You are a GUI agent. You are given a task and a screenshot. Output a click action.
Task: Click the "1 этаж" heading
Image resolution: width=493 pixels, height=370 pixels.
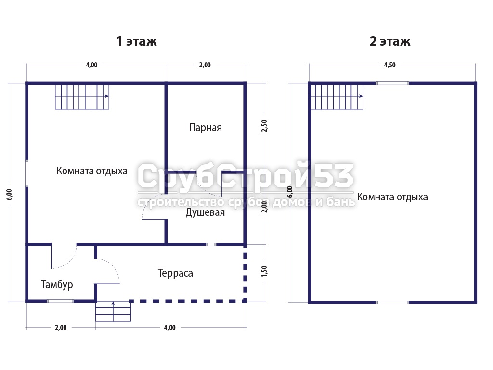[x=136, y=41]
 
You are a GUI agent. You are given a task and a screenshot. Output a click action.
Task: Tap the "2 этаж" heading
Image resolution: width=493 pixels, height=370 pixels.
[x=390, y=41]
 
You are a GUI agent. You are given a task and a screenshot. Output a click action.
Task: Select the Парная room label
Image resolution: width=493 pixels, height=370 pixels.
[x=205, y=127]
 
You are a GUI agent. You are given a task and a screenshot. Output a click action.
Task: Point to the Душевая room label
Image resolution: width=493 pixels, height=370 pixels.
[x=205, y=212]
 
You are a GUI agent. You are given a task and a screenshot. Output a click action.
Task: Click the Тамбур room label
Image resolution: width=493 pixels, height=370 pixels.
[x=57, y=284]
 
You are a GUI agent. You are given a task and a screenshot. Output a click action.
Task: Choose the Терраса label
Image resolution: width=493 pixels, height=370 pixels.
[x=175, y=273]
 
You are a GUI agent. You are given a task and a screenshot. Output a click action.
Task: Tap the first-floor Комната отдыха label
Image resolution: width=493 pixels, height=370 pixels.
[x=92, y=171]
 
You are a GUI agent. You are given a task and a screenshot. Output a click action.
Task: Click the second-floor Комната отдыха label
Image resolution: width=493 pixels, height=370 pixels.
[x=392, y=197]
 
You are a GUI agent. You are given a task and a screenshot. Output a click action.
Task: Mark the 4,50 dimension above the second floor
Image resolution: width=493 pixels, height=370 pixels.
[x=390, y=65]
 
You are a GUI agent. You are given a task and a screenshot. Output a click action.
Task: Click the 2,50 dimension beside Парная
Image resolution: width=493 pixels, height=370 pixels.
[x=264, y=126]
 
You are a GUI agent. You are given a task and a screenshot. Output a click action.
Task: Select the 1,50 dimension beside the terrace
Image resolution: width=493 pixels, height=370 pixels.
[x=264, y=271]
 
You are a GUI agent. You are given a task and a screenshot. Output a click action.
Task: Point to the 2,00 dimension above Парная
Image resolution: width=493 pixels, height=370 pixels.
[x=205, y=65]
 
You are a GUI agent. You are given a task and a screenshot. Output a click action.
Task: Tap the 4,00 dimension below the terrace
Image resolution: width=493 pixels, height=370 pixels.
[x=170, y=327]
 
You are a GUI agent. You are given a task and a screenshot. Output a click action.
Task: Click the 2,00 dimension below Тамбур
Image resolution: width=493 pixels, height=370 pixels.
[x=61, y=327]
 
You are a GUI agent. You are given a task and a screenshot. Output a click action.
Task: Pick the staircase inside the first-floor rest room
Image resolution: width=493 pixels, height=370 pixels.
[x=82, y=97]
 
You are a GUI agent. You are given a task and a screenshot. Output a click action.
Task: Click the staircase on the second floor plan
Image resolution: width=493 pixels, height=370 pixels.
[x=337, y=97]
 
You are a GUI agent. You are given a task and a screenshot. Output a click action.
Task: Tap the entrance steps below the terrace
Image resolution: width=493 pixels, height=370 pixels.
[x=113, y=311]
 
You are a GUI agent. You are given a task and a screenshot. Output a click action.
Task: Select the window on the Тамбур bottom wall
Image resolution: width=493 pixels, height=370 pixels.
[x=60, y=301]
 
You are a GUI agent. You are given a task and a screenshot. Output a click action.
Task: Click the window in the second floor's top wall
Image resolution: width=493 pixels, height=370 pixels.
[x=392, y=83]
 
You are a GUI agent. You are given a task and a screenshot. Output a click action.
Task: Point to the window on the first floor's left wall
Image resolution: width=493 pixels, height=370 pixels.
[x=27, y=173]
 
